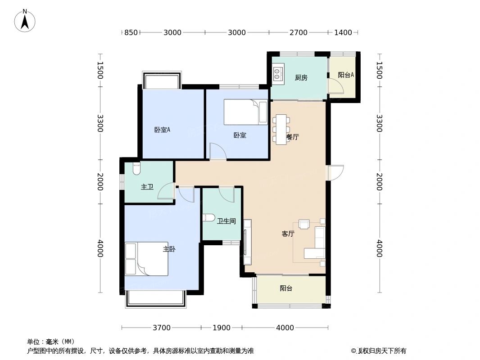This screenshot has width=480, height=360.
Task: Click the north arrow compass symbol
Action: [25, 20]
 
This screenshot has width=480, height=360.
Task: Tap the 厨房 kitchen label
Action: [301, 77]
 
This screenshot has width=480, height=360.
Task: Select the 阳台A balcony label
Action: [345, 75]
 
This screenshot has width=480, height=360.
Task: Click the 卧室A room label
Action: [162, 130]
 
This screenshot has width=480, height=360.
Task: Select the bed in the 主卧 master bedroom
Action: [147, 259]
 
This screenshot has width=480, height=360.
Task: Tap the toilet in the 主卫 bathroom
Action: [137, 168]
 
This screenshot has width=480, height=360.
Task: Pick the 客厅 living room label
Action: [288, 234]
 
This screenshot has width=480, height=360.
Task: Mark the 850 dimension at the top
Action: [131, 32]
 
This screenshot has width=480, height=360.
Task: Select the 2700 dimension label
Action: [298, 32]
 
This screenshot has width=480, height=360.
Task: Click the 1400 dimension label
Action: [343, 32]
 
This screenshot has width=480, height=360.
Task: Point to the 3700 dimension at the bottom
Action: [161, 328]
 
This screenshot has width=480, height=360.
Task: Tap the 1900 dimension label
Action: [222, 328]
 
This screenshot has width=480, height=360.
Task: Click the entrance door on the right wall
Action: [335, 173]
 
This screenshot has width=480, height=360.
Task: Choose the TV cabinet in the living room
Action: [247, 242]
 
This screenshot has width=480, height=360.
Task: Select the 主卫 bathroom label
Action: [147, 186]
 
